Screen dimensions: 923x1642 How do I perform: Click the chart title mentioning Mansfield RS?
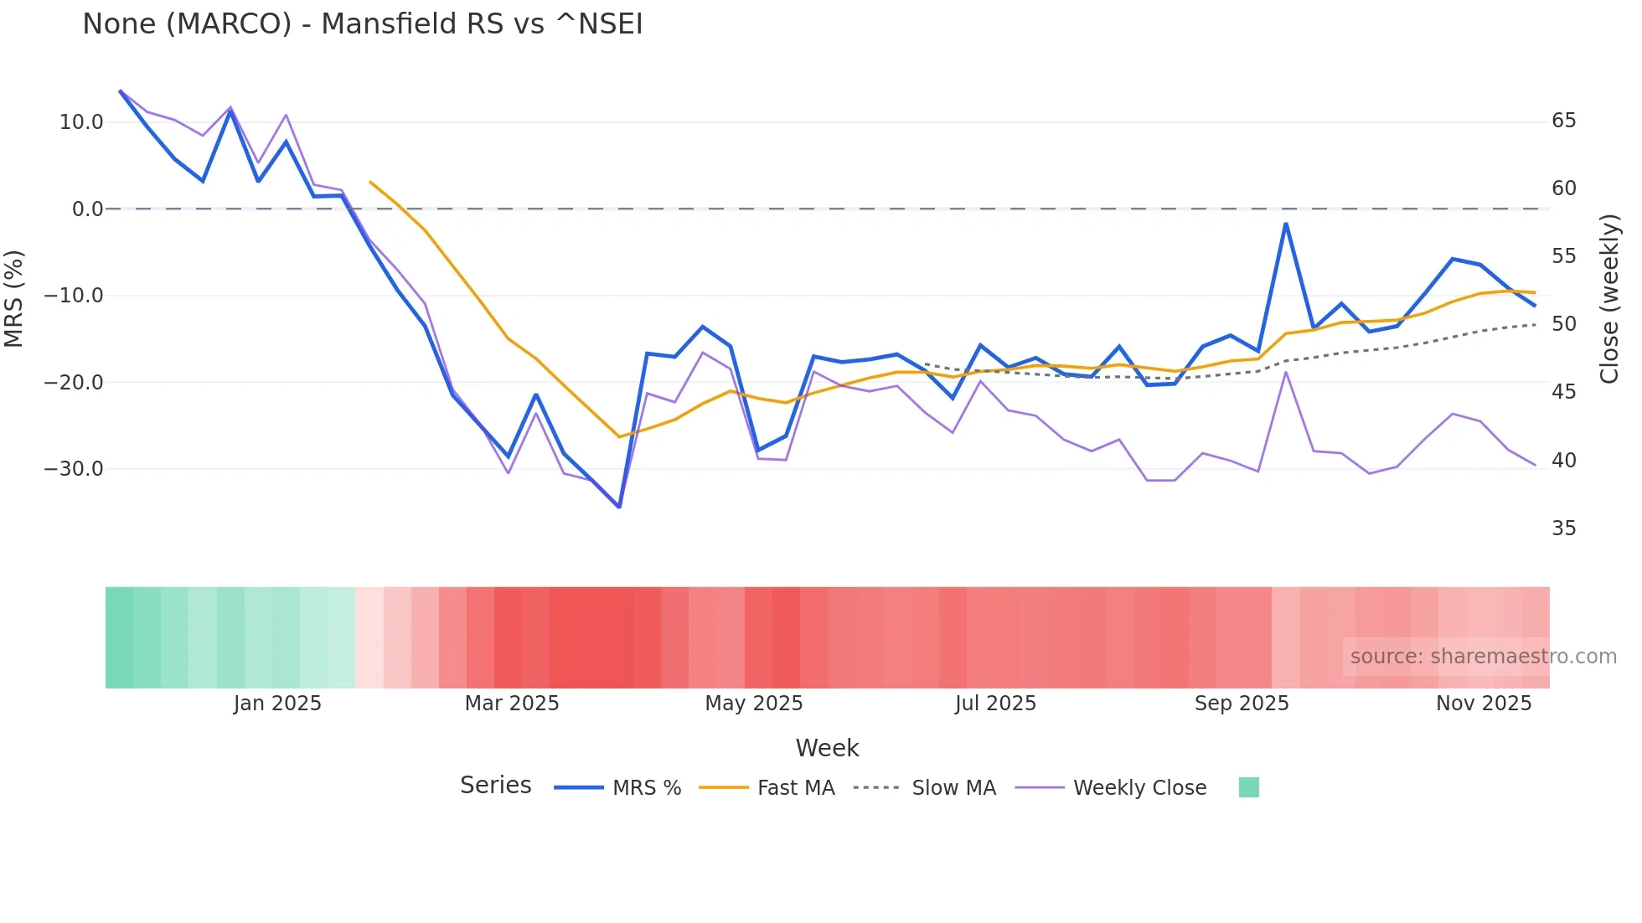(x=362, y=24)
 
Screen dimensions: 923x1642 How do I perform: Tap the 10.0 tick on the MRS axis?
(x=81, y=122)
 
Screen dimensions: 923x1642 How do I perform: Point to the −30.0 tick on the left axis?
(x=74, y=469)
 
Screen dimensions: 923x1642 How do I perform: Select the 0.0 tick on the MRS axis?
(x=87, y=209)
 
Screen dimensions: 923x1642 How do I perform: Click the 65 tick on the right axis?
(x=1563, y=121)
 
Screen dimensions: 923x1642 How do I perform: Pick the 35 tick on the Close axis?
(x=1563, y=529)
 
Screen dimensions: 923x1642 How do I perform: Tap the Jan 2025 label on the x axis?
(x=277, y=704)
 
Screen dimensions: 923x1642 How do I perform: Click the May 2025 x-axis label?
(x=753, y=704)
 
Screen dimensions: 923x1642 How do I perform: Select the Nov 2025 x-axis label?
(x=1483, y=704)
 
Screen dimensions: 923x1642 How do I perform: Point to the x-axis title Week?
(x=827, y=748)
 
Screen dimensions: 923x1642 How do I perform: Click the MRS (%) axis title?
(x=13, y=298)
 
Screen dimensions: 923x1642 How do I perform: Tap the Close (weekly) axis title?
(x=1609, y=299)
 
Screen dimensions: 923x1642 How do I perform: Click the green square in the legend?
(x=1248, y=787)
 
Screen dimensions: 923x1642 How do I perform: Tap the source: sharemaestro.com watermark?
(x=1483, y=657)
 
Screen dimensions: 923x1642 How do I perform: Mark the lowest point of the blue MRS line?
(x=619, y=507)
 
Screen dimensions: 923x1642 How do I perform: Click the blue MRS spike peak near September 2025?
(x=1285, y=224)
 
